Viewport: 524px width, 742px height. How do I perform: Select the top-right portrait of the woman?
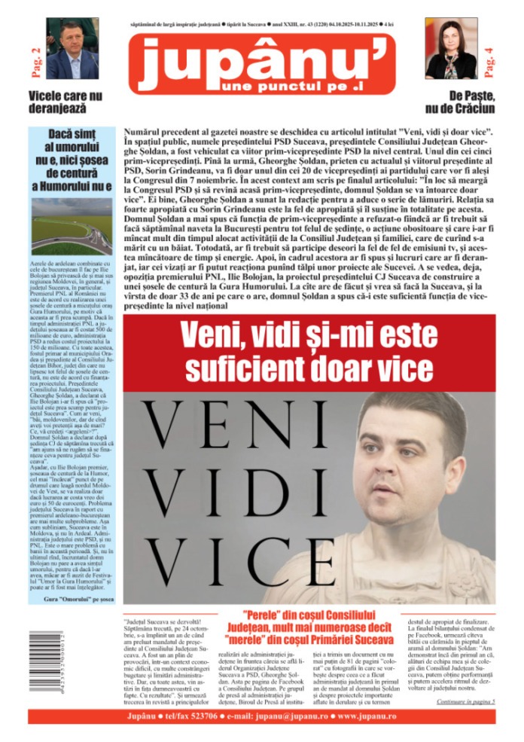pyautogui.click(x=451, y=49)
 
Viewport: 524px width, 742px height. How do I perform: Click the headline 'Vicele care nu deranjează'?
pyautogui.click(x=65, y=103)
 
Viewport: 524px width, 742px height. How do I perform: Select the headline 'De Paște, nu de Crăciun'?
pyautogui.click(x=459, y=103)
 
